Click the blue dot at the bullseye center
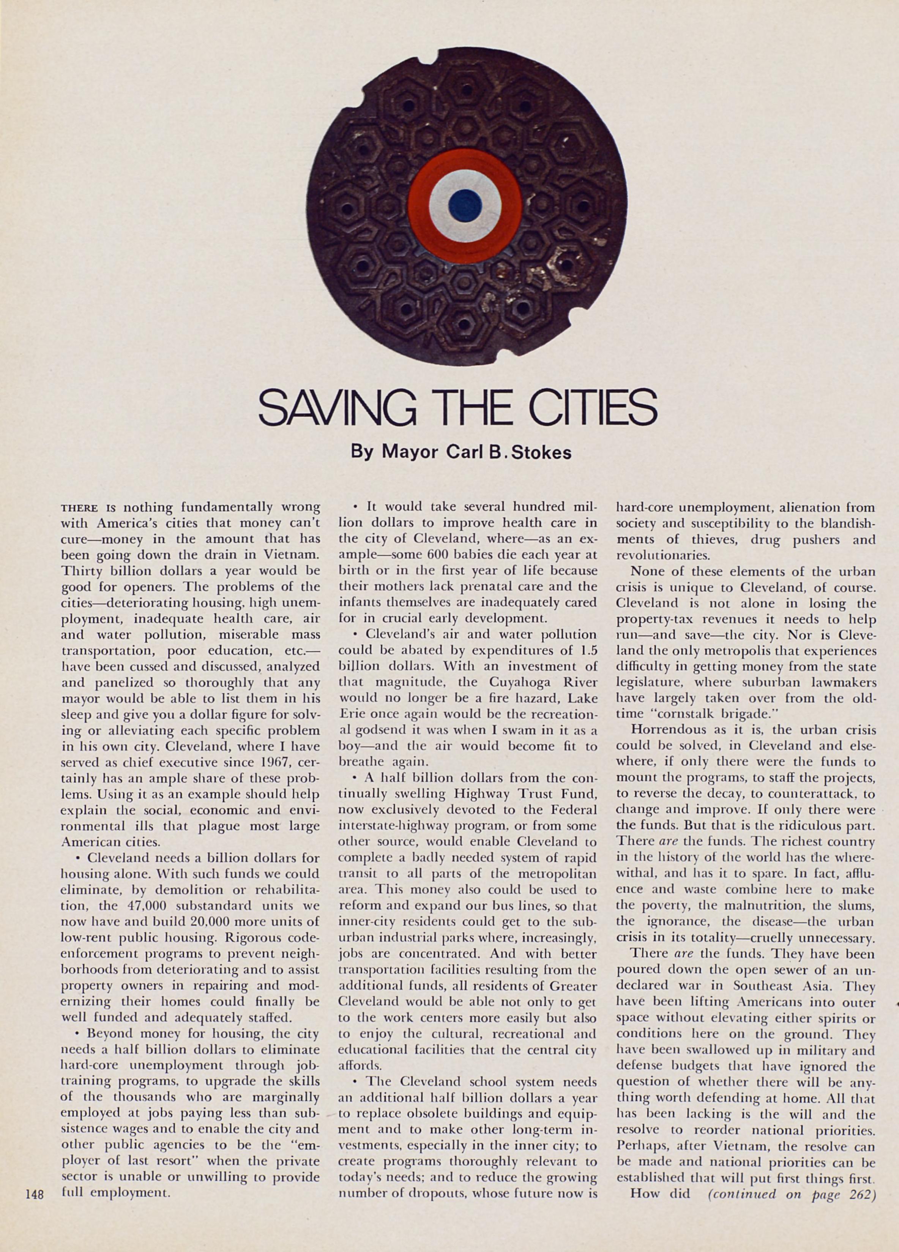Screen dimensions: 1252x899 (x=465, y=205)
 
